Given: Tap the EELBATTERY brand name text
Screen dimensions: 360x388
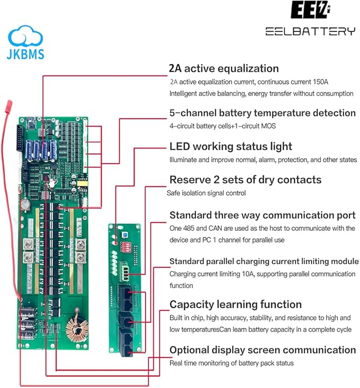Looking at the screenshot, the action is point(310,31).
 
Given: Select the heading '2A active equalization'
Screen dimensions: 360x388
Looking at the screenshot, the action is point(224,68).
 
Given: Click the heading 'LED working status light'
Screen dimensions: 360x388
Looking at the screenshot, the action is point(231,146).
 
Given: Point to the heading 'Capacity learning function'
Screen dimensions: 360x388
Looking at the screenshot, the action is point(235,305).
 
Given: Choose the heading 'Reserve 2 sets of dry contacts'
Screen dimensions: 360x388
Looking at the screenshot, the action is point(245,180).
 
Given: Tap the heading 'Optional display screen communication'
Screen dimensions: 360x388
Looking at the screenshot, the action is point(262,350).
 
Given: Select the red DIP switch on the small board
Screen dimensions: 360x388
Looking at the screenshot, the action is point(125,247).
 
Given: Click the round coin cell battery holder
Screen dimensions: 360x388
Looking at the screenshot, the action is point(25,205).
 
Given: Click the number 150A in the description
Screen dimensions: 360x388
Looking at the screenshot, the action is point(320,82).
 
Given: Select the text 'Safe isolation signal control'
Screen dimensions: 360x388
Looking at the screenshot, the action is point(206,193).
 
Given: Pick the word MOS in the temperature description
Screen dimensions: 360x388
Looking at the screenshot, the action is point(268,126).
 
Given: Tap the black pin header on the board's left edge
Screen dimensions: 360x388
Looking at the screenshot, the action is point(20,138).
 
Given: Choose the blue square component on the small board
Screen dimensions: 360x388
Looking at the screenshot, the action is point(124,235).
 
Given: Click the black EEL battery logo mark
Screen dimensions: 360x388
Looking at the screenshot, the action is point(310,10).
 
